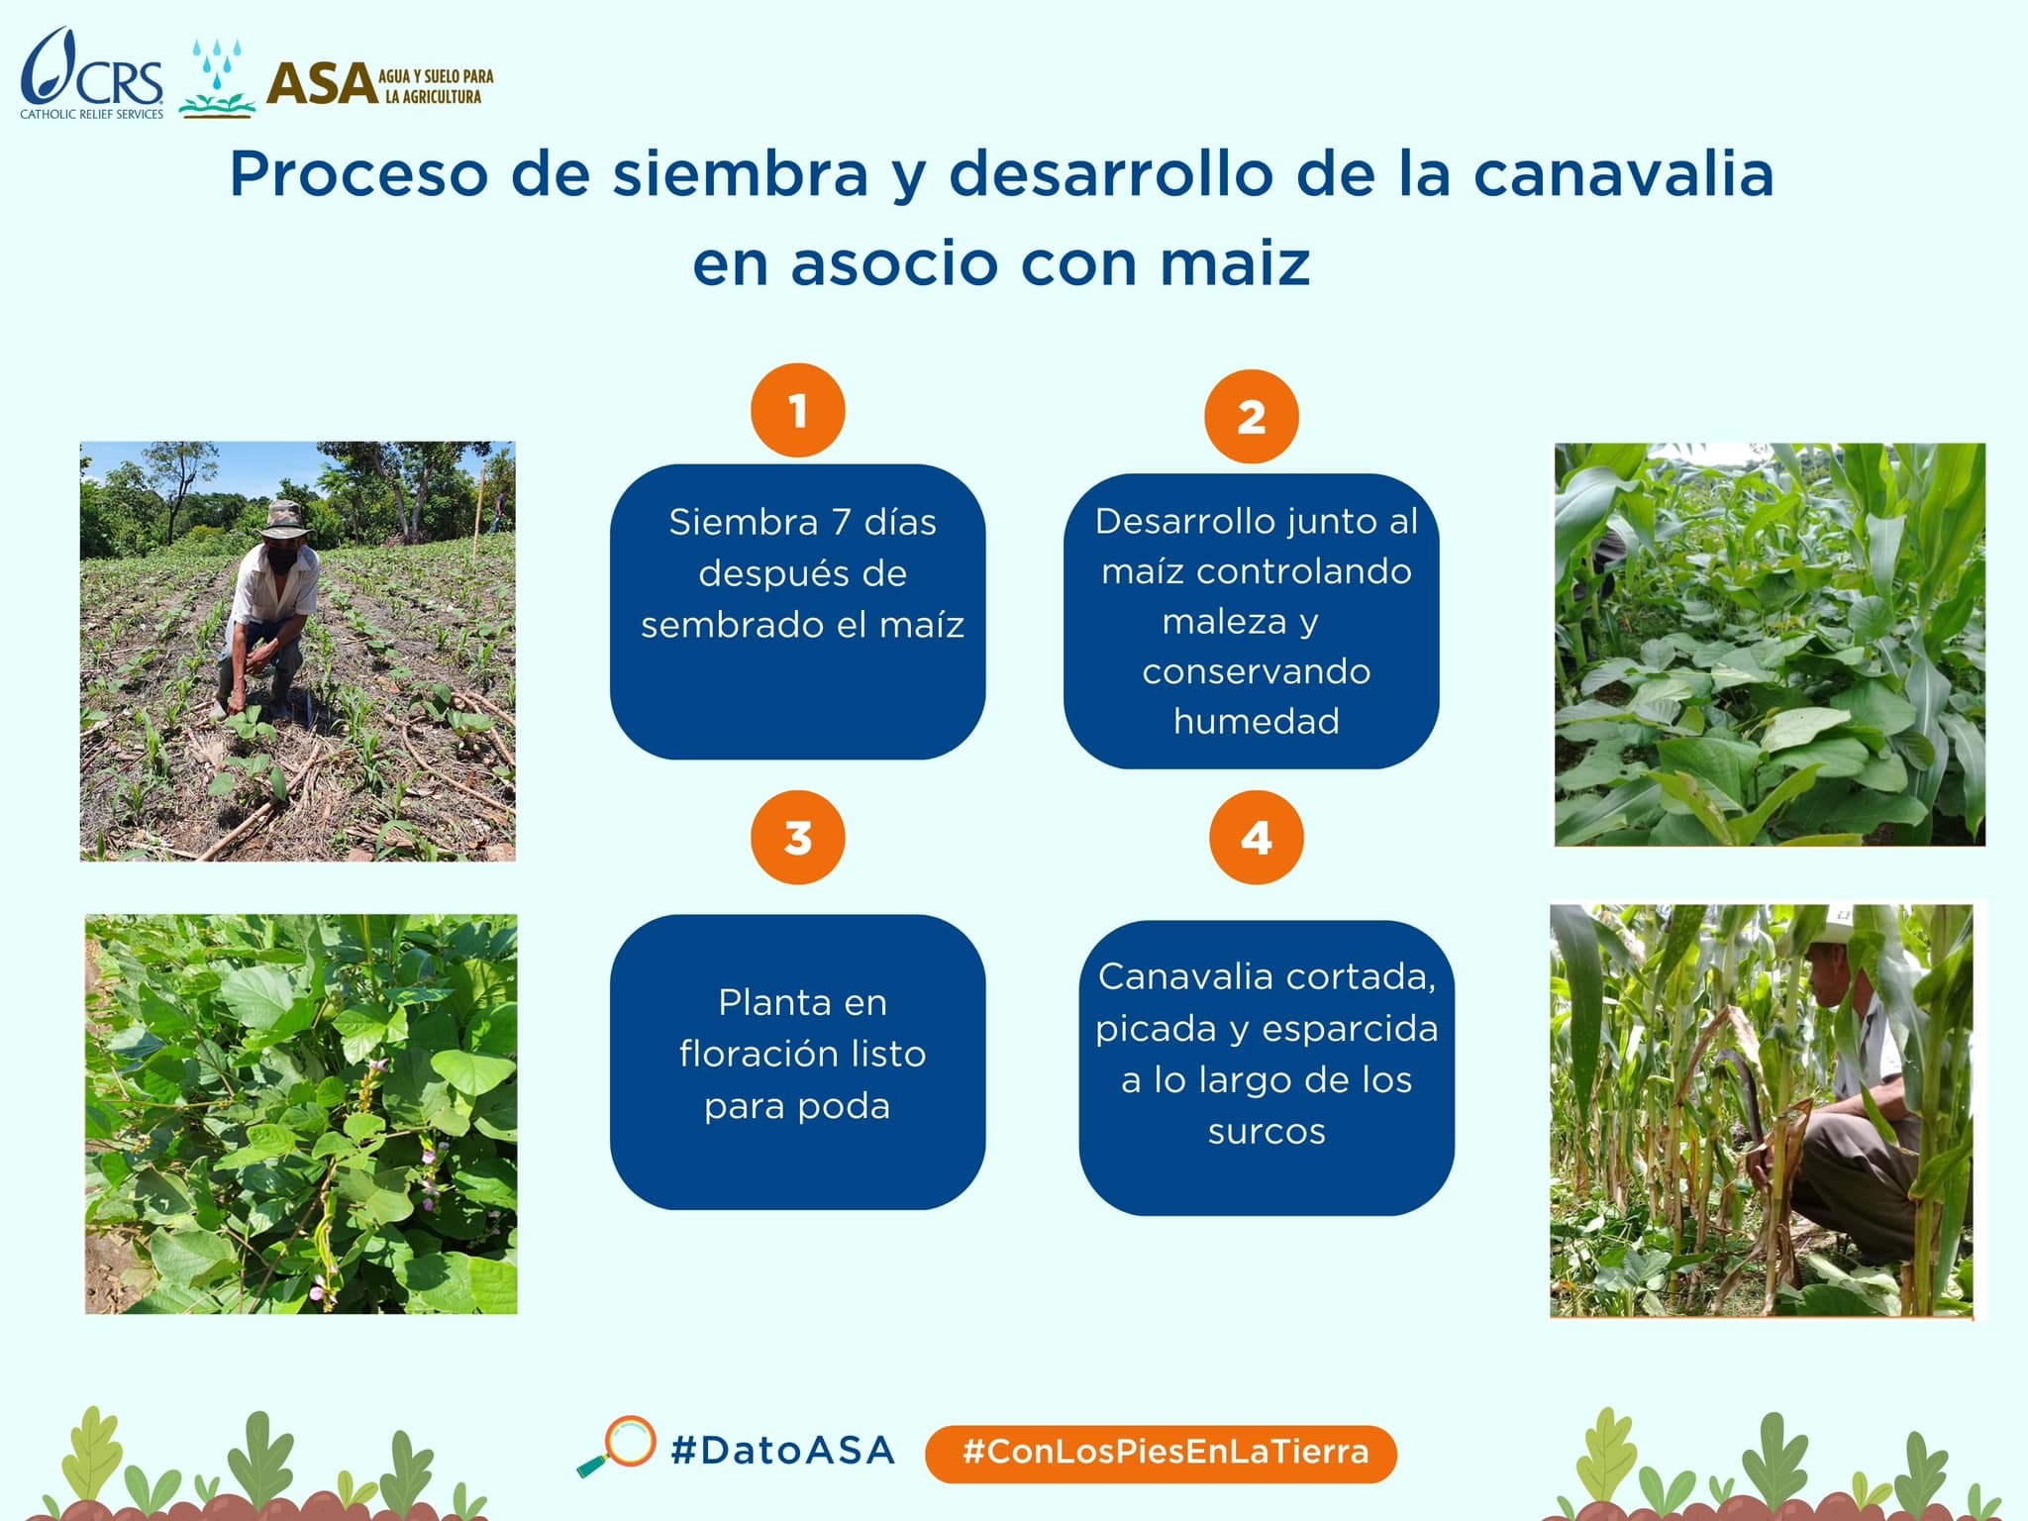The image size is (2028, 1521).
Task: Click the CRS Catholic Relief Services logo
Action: pos(92,73)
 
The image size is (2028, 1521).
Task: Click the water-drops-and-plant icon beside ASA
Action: pos(217,78)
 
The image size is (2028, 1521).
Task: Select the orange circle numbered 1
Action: pos(798,410)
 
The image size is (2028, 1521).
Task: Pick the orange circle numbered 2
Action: pos(1252,417)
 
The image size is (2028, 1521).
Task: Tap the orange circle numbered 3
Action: pos(798,838)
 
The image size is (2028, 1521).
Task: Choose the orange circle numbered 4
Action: pos(1257,838)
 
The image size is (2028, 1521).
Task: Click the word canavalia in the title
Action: pos(1623,174)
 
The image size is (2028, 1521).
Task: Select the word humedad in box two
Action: pos(1256,721)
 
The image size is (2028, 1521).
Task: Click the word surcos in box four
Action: pos(1267,1131)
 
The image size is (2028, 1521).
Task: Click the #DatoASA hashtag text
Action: pos(782,1451)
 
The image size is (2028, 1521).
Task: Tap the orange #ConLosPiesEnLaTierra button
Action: pos(1161,1454)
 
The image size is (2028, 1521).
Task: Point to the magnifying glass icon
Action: pos(617,1447)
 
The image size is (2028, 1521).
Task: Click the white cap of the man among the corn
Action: pos(1831,927)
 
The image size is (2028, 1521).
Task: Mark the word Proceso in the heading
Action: pos(358,174)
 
